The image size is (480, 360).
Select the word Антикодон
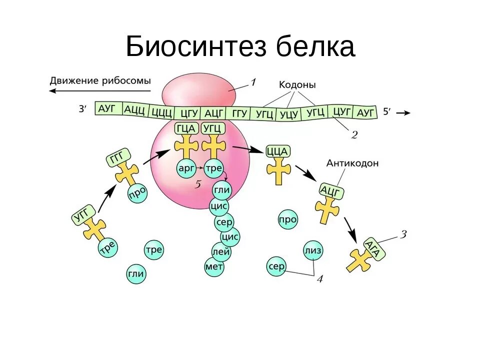[352, 163]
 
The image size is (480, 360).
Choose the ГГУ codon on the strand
[239, 113]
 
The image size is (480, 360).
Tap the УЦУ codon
[289, 114]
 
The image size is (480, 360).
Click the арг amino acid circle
[185, 169]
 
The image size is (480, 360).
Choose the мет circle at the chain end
[214, 267]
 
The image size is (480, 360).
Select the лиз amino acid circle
[313, 250]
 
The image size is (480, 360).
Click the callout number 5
[197, 184]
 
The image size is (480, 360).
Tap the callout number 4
[319, 279]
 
